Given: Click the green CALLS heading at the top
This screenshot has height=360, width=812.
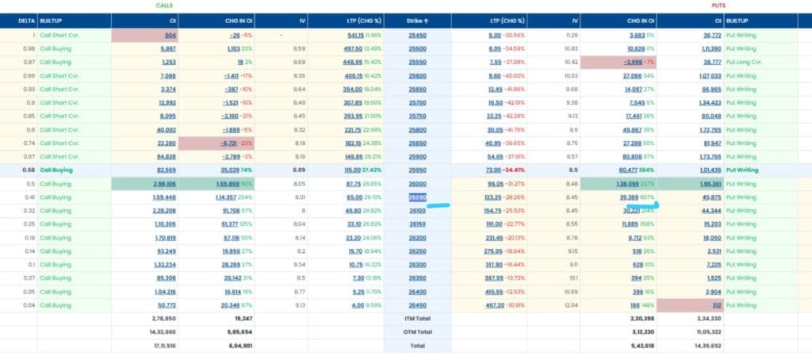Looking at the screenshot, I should coord(164,5).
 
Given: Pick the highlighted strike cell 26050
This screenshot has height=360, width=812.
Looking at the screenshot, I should coord(417,197).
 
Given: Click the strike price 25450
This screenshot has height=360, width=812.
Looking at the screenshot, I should coord(417,35).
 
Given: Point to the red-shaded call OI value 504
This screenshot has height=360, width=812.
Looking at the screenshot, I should coord(170,35).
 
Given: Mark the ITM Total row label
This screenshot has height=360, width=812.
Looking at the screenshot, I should coord(417,319).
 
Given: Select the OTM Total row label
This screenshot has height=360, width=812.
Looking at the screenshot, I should coord(417,332).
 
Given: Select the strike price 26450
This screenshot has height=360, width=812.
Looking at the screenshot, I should coord(417,305).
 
